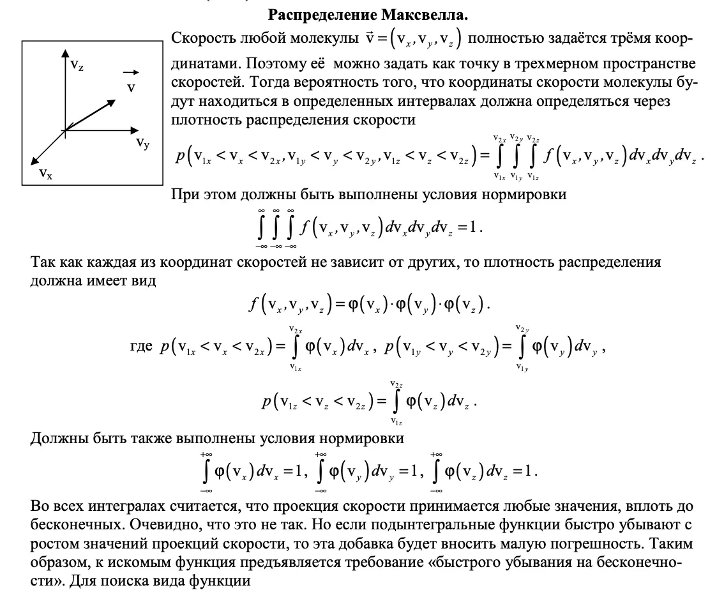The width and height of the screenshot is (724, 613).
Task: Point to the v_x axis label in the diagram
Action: pyautogui.click(x=45, y=172)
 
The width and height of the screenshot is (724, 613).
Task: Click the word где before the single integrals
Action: pyautogui.click(x=141, y=345)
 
